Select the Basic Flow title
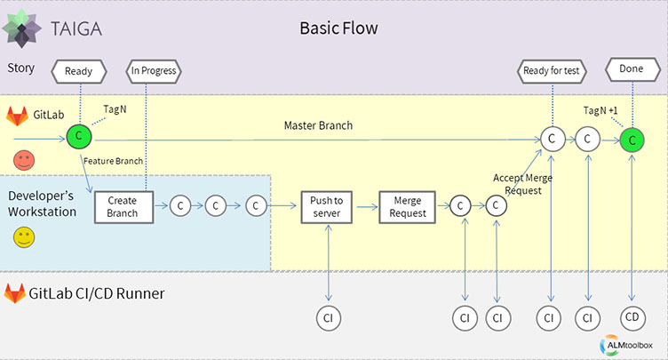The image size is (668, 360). (x=338, y=28)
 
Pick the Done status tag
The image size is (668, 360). (x=631, y=69)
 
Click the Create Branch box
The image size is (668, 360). (x=123, y=206)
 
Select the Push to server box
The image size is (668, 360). (x=328, y=206)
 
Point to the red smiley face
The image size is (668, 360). (x=23, y=161)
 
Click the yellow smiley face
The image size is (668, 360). (x=23, y=237)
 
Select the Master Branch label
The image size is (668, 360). (x=318, y=125)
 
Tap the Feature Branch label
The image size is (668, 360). (x=112, y=162)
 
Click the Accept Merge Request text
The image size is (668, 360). (x=523, y=184)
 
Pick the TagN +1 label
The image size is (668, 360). (x=604, y=110)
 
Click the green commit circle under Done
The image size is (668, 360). (x=632, y=140)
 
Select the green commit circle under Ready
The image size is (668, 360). (x=79, y=139)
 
